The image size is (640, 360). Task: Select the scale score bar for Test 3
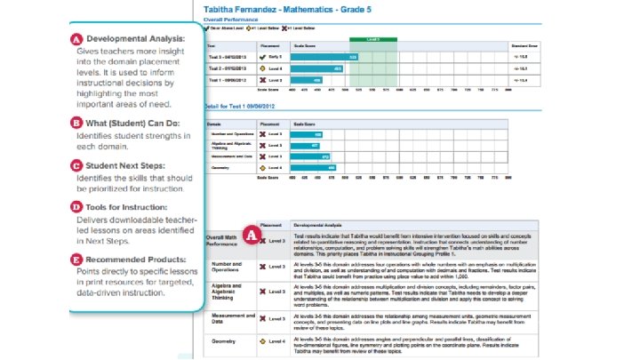point(324,56)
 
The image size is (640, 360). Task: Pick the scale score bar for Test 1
point(307,80)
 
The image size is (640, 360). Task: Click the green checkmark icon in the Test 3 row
point(261,56)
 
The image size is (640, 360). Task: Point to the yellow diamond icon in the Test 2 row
point(261,68)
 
